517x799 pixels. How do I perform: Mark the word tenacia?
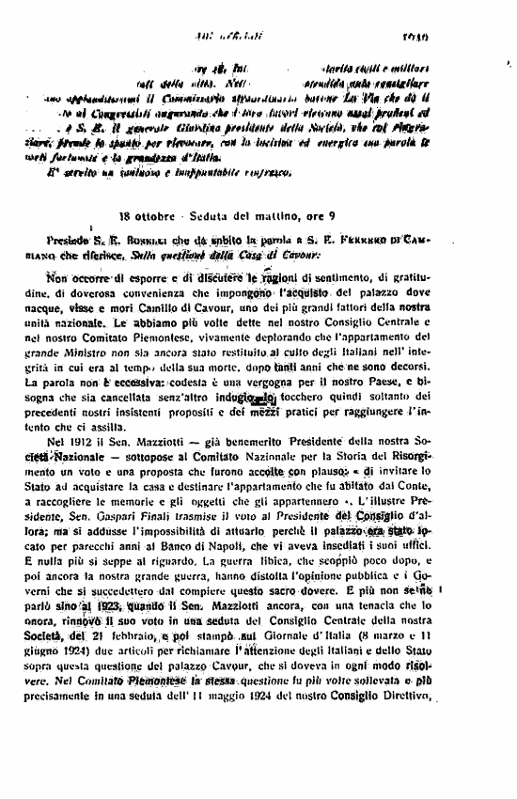click(429, 661)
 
